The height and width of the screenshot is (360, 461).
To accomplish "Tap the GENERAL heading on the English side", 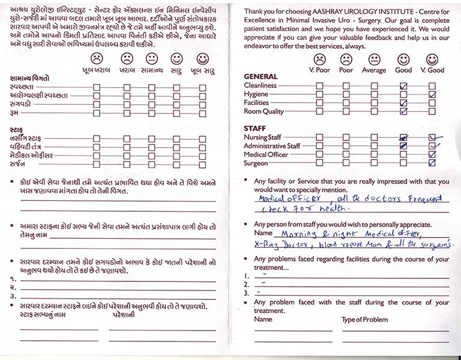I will pyautogui.click(x=261, y=77).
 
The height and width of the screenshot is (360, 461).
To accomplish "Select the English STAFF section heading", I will pyautogui.click(x=255, y=128).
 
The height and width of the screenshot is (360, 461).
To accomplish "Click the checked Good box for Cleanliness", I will pyautogui.click(x=403, y=86).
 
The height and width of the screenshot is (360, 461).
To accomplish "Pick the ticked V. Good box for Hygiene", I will pyautogui.click(x=432, y=95).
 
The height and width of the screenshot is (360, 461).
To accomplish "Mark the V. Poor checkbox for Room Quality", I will pyautogui.click(x=319, y=112).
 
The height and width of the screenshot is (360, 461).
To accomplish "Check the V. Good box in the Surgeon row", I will pyautogui.click(x=432, y=163).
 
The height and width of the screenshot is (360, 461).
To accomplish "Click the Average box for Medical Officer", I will pyautogui.click(x=375, y=155).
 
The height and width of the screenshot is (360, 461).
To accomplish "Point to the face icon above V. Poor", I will pyautogui.click(x=319, y=59).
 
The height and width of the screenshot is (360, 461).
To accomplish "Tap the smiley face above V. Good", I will pyautogui.click(x=432, y=59).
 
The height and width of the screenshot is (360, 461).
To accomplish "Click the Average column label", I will pyautogui.click(x=374, y=70).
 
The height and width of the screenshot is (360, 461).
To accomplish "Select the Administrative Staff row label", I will pyautogui.click(x=272, y=146).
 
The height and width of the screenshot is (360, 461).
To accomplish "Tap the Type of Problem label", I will pyautogui.click(x=364, y=320).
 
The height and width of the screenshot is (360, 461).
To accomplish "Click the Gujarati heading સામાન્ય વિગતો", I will pyautogui.click(x=30, y=79).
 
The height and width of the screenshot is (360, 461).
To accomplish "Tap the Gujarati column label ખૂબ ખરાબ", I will pyautogui.click(x=96, y=70).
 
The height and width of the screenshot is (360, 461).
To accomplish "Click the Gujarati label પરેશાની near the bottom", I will pyautogui.click(x=123, y=315).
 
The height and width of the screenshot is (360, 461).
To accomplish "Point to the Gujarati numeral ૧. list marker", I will pyautogui.click(x=13, y=279).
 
